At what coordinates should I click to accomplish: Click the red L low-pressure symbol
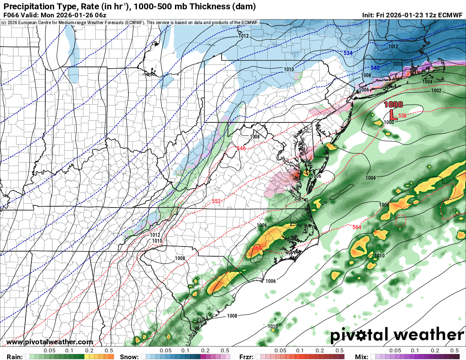(x=392, y=114)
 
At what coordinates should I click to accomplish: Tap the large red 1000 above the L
(x=393, y=105)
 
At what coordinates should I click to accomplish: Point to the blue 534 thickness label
(x=348, y=53)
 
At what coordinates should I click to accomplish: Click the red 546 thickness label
(x=241, y=148)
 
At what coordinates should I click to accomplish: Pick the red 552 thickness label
(x=216, y=201)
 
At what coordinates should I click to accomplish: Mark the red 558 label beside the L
(x=402, y=116)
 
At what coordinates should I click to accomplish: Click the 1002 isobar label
(x=436, y=91)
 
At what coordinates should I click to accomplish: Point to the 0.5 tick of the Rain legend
(x=109, y=351)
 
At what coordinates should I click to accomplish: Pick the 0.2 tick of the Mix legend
(x=435, y=351)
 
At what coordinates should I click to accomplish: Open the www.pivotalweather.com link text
(x=50, y=342)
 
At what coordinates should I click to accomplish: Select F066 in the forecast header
(x=11, y=15)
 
